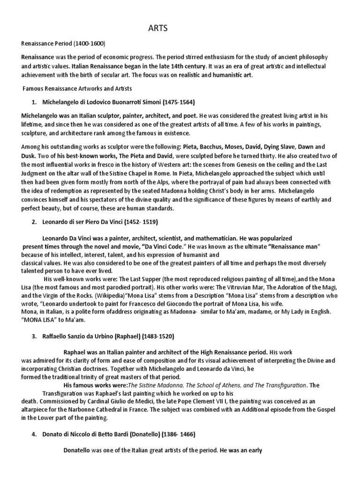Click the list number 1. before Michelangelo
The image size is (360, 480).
coord(35,102)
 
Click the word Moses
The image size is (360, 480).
coord(244,147)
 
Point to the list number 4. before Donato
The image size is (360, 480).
coord(35,435)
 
